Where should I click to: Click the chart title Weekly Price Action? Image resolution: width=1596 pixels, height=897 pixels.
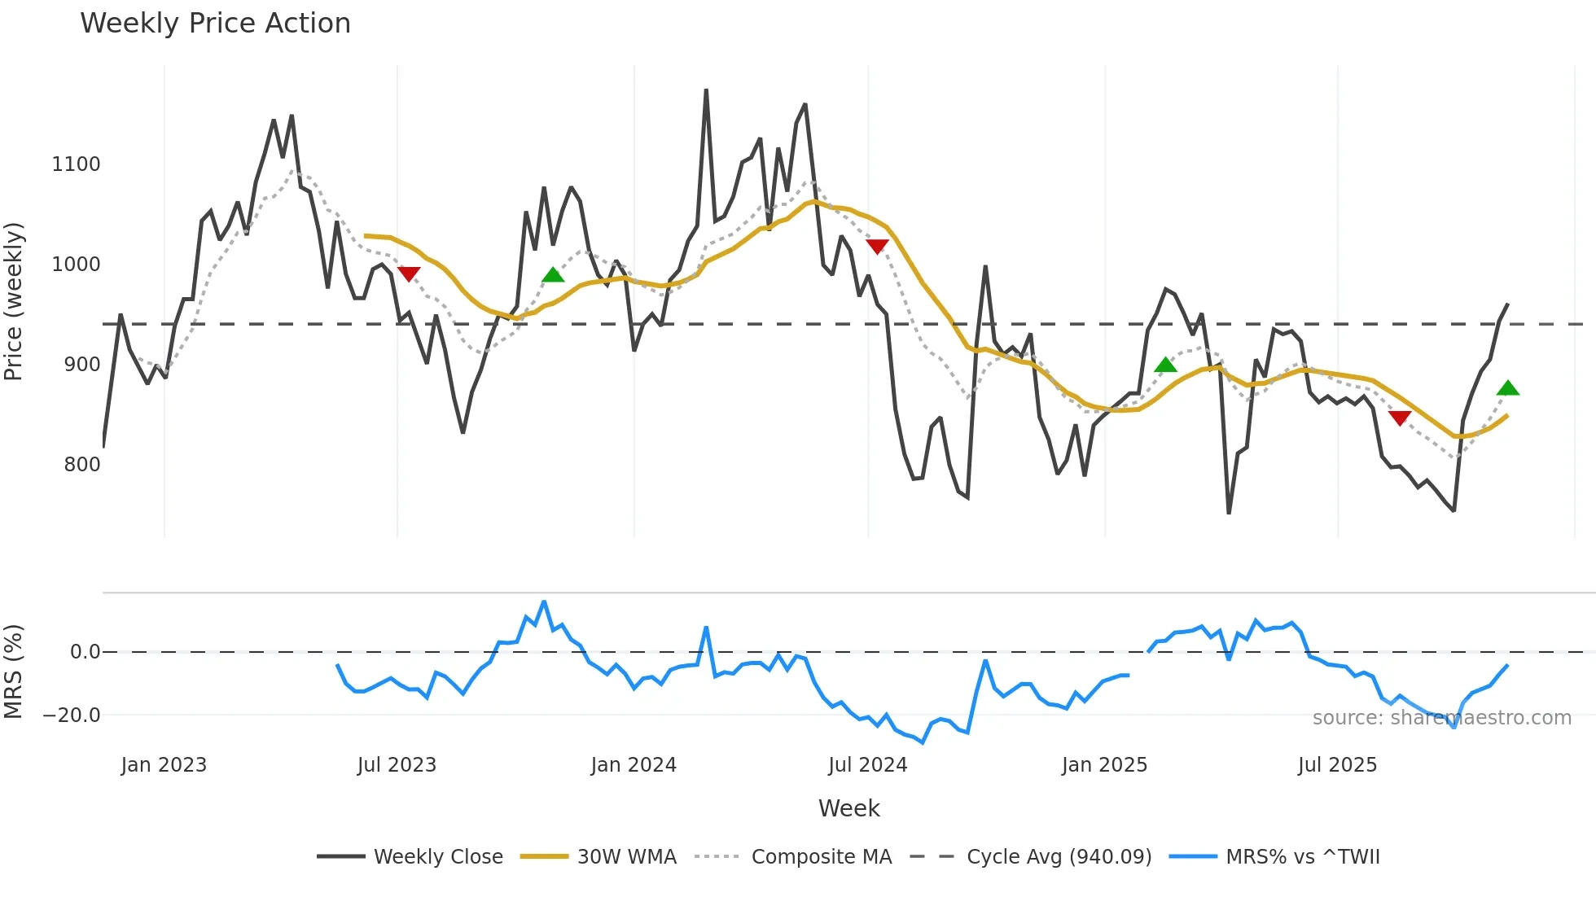pos(215,24)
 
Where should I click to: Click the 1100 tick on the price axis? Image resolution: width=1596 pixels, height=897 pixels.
pos(76,164)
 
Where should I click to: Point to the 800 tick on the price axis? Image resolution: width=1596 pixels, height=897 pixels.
pos(81,465)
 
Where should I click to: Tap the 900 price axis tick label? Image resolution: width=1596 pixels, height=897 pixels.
pos(81,365)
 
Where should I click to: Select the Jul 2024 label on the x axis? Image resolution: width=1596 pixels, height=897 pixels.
pos(867,765)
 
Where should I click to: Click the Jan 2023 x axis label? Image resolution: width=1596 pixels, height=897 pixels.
pos(164,765)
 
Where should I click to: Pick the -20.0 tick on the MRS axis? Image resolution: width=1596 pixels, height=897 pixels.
pos(72,715)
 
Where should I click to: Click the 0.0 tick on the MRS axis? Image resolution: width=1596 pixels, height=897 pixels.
pos(85,652)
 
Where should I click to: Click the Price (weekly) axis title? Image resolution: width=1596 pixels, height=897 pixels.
pos(14,301)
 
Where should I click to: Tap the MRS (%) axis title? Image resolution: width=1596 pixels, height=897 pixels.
pos(14,672)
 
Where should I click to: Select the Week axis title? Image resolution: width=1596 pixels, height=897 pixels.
pos(848,808)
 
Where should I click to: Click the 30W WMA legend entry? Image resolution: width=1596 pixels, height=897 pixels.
pos(626,857)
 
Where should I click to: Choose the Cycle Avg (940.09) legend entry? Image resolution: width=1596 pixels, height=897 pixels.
pos(1059,857)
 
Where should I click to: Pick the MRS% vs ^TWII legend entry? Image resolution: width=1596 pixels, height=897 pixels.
pos(1302,857)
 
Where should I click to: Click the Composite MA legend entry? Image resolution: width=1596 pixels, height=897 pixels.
pos(821,857)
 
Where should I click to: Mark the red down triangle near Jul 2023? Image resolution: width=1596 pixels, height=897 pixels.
pos(409,273)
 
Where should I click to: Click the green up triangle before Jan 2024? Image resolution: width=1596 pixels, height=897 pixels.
pos(553,275)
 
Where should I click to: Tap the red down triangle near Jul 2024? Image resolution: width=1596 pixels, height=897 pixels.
pos(877,246)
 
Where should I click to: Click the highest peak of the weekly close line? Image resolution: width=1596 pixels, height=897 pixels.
pos(706,91)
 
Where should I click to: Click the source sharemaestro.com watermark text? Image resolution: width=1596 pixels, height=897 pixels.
pos(1441,718)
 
